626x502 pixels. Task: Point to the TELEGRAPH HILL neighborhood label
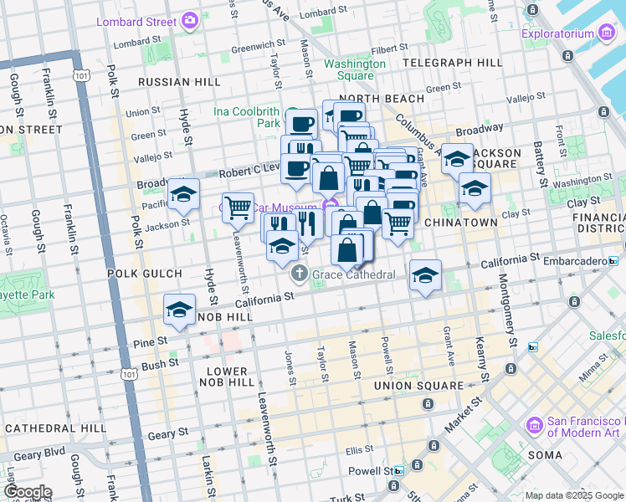[x=452, y=63]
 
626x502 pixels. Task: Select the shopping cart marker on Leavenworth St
[x=239, y=206]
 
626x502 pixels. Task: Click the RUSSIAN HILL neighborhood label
[x=179, y=82]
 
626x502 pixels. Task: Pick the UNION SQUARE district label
[x=418, y=386]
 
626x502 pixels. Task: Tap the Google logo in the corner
[x=27, y=492]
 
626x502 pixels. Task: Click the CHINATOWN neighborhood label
[x=461, y=223]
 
